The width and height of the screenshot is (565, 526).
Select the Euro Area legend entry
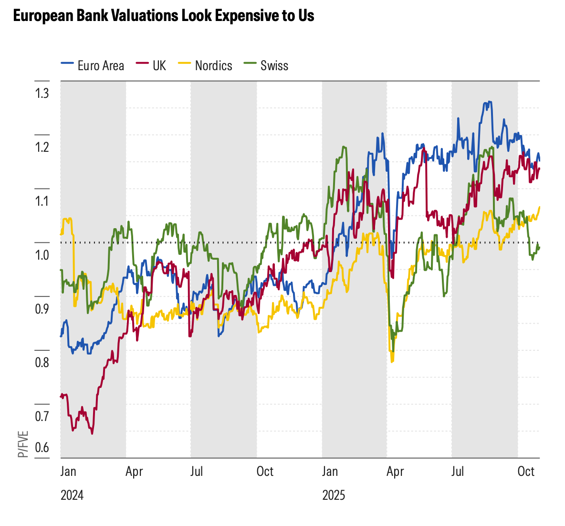[100, 66]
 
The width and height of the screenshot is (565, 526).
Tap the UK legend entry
[159, 66]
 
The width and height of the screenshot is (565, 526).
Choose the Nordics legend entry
[213, 66]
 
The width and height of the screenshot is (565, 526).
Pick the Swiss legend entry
[274, 66]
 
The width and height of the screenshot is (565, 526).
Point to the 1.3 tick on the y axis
[42, 93]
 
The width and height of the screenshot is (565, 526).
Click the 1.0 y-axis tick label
[42, 255]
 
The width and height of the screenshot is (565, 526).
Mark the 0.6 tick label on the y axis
[42, 448]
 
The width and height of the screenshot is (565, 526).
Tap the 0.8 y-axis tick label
[42, 363]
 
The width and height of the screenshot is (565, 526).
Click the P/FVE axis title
[23, 444]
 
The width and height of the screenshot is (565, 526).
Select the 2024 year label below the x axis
[72, 495]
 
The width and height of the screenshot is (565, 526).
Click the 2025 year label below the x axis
[334, 495]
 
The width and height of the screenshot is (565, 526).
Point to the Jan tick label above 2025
[330, 472]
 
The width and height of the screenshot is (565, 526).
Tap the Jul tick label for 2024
[196, 472]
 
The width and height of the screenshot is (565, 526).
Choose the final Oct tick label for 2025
[526, 472]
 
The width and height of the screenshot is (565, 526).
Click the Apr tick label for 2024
[134, 472]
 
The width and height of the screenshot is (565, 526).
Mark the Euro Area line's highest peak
[488, 102]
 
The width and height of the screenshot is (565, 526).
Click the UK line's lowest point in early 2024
[92, 433]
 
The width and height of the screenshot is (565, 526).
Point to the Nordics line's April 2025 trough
[392, 362]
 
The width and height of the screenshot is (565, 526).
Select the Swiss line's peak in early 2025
[344, 147]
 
